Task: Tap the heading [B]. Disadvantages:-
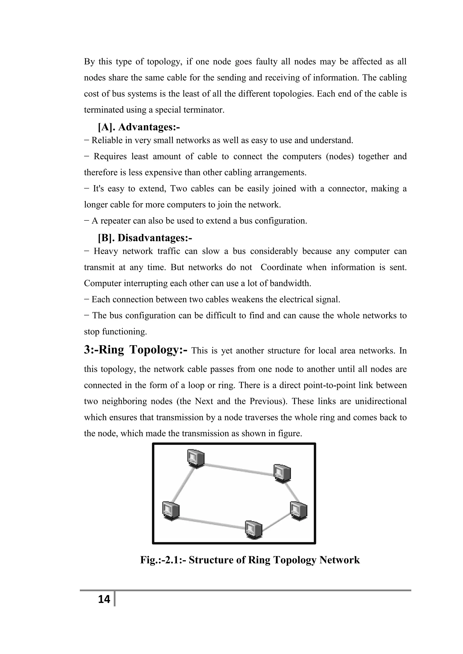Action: point(145,238)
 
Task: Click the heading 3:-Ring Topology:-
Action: point(136,350)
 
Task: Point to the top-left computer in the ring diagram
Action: point(196,458)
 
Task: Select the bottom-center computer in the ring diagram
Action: point(253,530)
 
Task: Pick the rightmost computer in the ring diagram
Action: point(298,511)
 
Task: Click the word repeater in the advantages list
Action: point(112,221)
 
